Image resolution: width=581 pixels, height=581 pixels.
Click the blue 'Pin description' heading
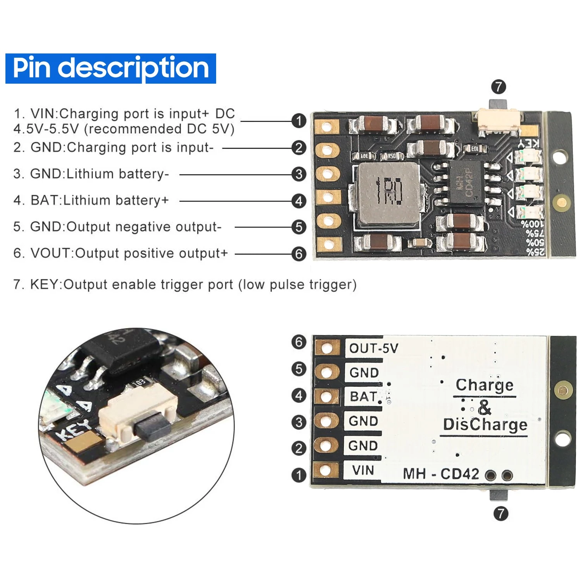(111, 68)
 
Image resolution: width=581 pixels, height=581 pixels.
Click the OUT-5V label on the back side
(373, 348)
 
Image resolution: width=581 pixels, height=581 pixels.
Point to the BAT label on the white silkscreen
(363, 397)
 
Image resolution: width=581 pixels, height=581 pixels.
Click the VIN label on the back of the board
(363, 470)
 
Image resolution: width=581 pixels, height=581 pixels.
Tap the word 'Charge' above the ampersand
(485, 385)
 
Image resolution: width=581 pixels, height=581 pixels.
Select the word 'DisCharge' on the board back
(485, 425)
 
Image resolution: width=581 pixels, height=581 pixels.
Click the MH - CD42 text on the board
(441, 474)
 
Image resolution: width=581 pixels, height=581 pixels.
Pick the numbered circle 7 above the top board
(498, 87)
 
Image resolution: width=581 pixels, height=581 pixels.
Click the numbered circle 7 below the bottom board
(501, 514)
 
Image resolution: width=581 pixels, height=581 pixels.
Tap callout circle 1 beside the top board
(299, 121)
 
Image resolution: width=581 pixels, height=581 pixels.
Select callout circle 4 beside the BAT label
(299, 396)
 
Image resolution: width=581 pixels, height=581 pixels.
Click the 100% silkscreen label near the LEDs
(533, 224)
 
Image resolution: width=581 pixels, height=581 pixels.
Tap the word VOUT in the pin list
(51, 253)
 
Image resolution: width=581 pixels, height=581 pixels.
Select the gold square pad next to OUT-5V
(327, 348)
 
